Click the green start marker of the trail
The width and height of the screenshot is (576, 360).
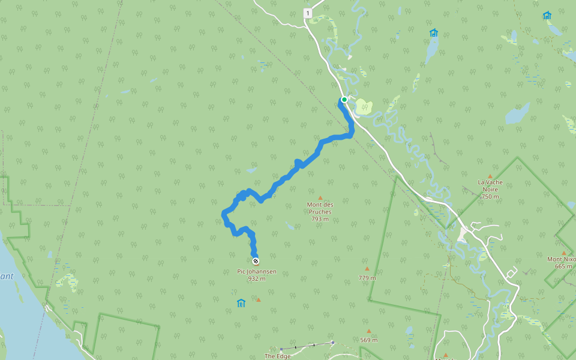click(x=344, y=100)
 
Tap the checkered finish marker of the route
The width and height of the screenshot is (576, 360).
click(x=256, y=261)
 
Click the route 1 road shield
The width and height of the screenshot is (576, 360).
click(x=308, y=13)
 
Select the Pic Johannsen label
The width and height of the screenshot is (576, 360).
click(x=257, y=271)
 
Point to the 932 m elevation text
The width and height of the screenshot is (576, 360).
click(x=257, y=278)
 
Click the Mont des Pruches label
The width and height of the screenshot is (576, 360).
click(x=320, y=208)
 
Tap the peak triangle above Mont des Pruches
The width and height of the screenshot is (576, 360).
click(x=320, y=198)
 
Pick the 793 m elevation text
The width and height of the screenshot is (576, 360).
click(x=320, y=219)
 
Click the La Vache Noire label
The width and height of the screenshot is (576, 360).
click(x=490, y=185)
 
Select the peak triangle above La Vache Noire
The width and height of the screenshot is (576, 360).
click(x=490, y=176)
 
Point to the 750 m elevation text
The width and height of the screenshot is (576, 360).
click(x=490, y=196)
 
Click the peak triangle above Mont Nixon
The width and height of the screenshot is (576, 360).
click(x=564, y=253)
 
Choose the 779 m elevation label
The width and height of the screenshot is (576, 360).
click(x=367, y=278)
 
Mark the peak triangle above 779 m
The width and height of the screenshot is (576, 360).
click(x=367, y=269)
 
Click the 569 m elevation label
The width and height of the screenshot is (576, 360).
click(x=369, y=340)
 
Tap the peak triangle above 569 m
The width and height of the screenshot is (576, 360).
click(x=369, y=331)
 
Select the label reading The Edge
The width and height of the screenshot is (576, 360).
click(x=277, y=356)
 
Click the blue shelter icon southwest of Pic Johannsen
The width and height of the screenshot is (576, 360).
click(x=241, y=303)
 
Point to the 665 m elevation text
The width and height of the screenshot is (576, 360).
click(x=564, y=266)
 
